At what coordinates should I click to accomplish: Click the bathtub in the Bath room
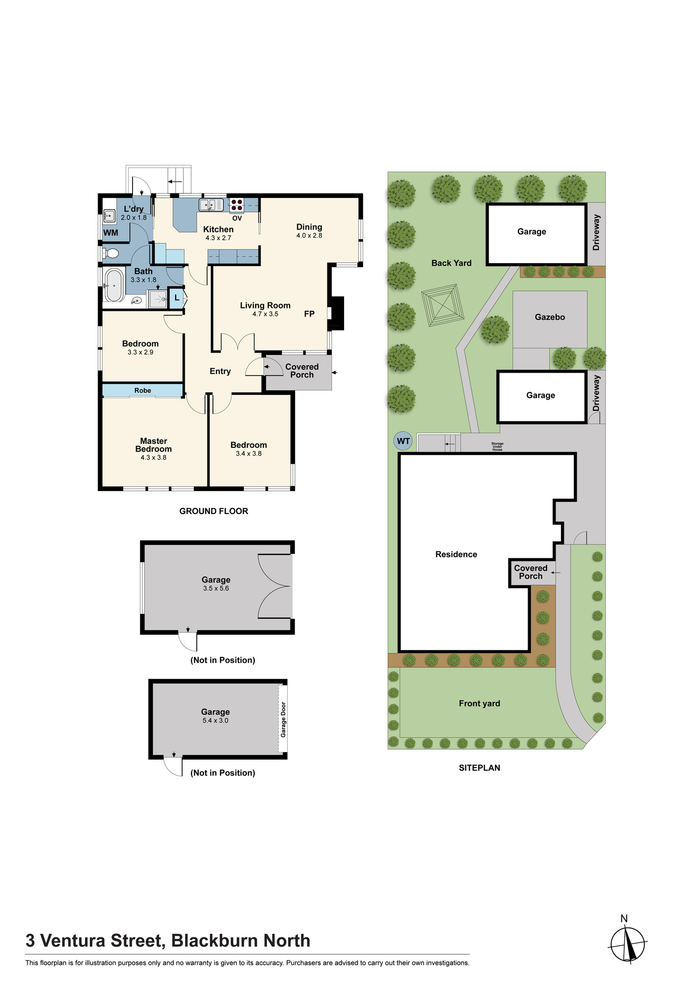(114, 285)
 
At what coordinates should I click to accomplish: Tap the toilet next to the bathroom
(111, 253)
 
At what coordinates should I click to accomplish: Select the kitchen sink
(211, 204)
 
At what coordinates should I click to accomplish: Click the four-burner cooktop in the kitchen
(237, 205)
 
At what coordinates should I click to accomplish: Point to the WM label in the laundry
(110, 233)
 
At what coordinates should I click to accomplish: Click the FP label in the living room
(309, 314)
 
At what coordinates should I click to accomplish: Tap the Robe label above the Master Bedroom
(143, 390)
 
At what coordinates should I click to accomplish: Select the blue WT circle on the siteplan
(403, 441)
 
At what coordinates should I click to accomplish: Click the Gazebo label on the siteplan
(550, 317)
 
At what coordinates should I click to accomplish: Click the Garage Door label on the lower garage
(283, 719)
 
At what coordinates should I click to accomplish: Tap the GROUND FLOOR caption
(214, 511)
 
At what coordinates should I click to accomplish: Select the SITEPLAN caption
(480, 768)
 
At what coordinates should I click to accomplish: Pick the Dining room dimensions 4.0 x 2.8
(309, 236)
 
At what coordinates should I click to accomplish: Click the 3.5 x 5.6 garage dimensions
(216, 588)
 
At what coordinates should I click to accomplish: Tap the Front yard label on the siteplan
(480, 704)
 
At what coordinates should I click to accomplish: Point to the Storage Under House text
(497, 447)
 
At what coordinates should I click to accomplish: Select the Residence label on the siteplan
(456, 554)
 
